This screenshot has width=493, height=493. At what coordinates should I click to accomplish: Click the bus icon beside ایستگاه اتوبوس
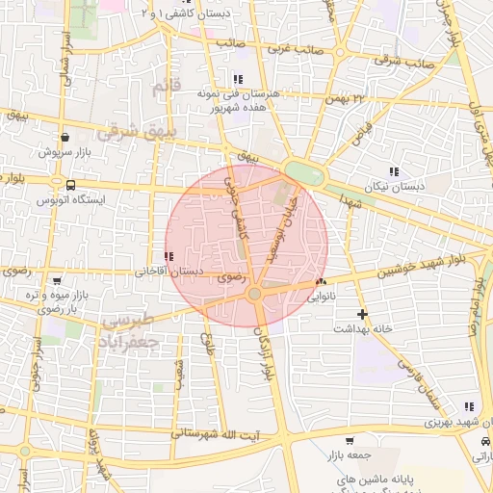click(70, 184)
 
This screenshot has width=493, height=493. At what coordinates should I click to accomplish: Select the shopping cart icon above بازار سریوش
click(64, 137)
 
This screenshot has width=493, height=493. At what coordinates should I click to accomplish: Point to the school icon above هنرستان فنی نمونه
click(237, 79)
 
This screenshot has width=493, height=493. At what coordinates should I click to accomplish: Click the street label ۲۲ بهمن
click(347, 96)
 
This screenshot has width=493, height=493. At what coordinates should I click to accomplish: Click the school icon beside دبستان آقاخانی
click(169, 257)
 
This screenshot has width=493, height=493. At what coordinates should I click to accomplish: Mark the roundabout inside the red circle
click(254, 294)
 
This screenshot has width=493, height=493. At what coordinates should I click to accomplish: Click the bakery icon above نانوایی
click(321, 282)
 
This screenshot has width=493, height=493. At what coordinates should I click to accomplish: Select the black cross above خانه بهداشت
click(362, 314)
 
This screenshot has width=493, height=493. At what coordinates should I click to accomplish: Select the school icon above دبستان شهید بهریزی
click(468, 407)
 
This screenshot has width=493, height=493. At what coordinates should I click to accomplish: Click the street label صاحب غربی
click(292, 46)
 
